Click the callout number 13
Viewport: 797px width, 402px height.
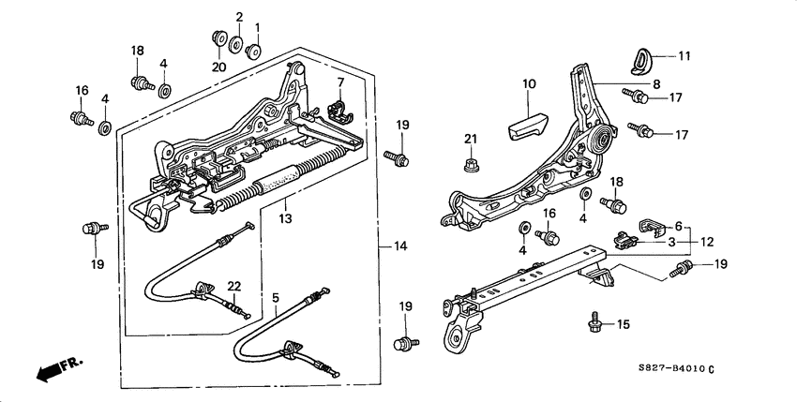pyautogui.click(x=285, y=218)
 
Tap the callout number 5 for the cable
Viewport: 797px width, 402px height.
pyautogui.click(x=276, y=299)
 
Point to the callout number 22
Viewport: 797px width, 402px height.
pyautogui.click(x=233, y=286)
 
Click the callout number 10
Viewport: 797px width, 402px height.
pyautogui.click(x=529, y=84)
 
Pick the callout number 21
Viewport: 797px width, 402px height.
pyautogui.click(x=471, y=140)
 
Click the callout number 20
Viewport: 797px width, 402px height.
pyautogui.click(x=218, y=67)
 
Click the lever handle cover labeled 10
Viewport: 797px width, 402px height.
pyautogui.click(x=531, y=122)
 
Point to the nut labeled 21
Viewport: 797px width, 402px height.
pyautogui.click(x=471, y=166)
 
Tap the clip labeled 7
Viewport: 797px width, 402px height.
pyautogui.click(x=339, y=110)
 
